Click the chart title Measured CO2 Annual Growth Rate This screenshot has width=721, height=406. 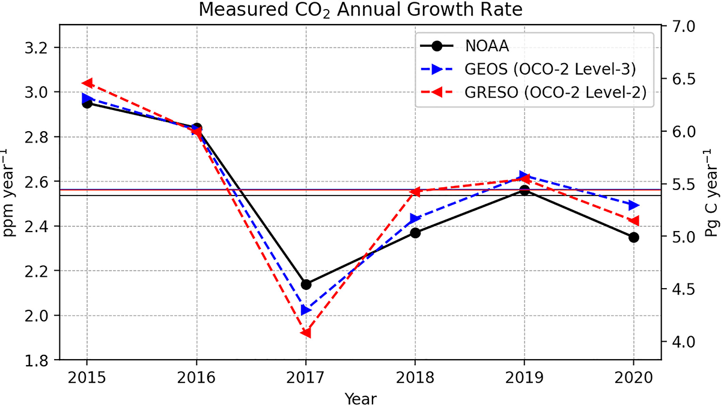point(360,10)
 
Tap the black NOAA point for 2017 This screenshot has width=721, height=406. point(306,285)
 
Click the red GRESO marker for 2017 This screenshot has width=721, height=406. point(306,333)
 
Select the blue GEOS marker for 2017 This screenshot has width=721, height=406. point(306,310)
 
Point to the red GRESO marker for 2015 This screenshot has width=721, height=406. point(87,83)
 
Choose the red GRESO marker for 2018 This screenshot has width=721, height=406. point(415,192)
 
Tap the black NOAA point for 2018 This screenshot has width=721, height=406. point(415,233)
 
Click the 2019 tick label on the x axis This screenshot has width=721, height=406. point(524,380)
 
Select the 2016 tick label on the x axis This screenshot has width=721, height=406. point(196,380)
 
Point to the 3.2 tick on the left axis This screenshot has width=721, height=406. point(40,48)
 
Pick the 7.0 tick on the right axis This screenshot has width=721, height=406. point(682,27)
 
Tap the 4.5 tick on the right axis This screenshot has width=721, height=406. point(682,289)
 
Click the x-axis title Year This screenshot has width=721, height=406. point(360,398)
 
